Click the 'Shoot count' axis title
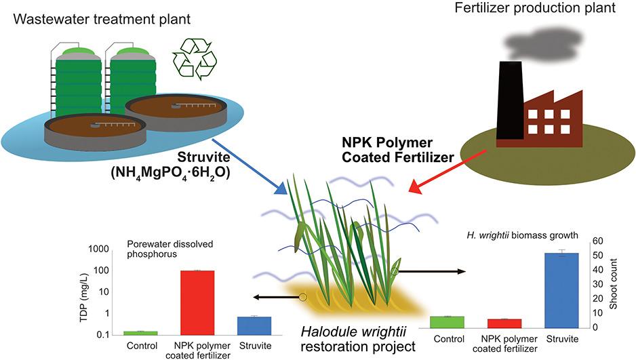pos(623,285)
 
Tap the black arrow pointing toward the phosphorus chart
pos(274,297)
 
